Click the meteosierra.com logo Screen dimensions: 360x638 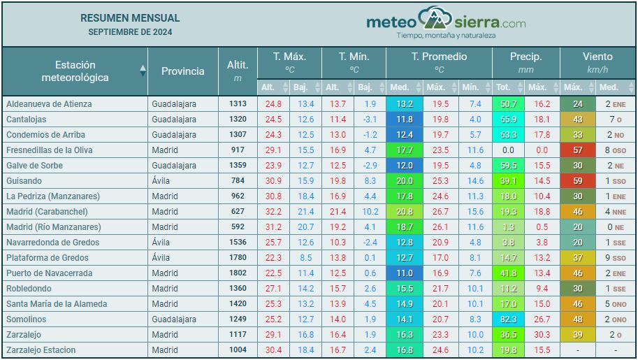[446, 23]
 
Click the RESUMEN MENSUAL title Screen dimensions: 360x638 [130, 18]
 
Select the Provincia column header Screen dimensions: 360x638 [183, 71]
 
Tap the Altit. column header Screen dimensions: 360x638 [238, 71]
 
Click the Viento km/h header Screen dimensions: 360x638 [597, 62]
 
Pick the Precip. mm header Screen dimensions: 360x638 [525, 62]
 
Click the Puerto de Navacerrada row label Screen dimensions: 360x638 [49, 273]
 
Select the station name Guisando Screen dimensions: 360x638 [24, 181]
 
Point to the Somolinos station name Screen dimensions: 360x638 [27, 319]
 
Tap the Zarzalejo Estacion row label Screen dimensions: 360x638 [41, 350]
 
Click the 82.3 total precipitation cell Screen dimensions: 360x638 [508, 319]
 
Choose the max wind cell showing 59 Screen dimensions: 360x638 [577, 181]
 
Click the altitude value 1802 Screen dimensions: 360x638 [238, 273]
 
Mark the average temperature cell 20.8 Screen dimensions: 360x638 [404, 212]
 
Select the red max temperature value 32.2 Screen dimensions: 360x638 [273, 212]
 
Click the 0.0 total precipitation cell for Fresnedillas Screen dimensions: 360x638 [508, 150]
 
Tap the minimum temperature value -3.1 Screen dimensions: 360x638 [370, 120]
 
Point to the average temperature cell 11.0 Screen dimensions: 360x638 [404, 273]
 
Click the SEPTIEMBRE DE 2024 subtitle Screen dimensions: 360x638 [130, 32]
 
